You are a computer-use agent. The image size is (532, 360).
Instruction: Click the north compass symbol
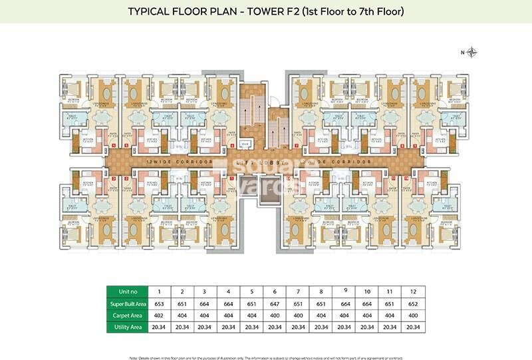(x=472, y=52)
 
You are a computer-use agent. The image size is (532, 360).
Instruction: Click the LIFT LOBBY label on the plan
(x=265, y=162)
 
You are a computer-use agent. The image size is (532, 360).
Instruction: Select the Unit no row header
(x=127, y=291)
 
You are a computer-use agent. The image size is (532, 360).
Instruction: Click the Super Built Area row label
(x=127, y=303)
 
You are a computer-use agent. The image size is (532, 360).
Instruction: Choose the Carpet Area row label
(x=127, y=315)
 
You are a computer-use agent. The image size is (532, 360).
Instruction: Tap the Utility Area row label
(x=127, y=327)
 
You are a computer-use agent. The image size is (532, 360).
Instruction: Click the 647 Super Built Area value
(x=274, y=303)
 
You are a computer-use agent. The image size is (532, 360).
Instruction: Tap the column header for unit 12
(x=412, y=291)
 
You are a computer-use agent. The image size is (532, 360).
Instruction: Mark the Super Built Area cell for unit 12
(x=412, y=303)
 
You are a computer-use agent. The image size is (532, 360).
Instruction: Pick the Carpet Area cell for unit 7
(x=297, y=315)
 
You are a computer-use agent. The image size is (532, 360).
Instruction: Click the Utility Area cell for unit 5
(x=251, y=327)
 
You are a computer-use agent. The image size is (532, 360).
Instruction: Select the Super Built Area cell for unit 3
(x=205, y=303)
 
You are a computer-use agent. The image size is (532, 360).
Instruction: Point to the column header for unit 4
(x=228, y=291)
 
